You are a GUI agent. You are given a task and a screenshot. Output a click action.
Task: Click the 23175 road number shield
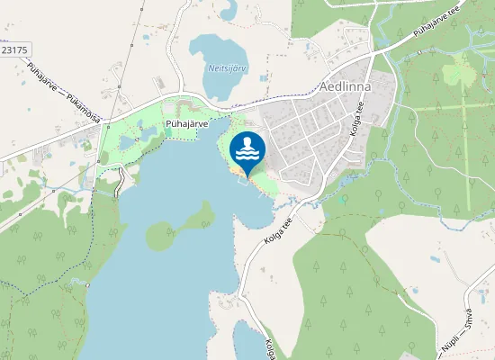pos(14,50)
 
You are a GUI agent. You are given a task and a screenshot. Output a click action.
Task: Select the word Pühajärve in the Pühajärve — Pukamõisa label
pos(44,76)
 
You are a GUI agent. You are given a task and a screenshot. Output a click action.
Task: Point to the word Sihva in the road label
pos(469,327)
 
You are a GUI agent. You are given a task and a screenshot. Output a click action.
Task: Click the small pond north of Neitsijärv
pos(229,11)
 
